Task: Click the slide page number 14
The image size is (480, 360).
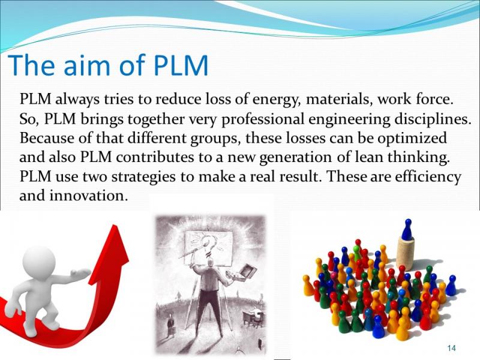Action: click(451, 348)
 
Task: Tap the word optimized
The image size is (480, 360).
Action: click(412, 139)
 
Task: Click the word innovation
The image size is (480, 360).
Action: click(88, 196)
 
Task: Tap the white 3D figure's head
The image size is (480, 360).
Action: click(39, 262)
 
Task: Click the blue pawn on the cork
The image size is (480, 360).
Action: click(407, 229)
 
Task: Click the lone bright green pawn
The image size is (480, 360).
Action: click(357, 253)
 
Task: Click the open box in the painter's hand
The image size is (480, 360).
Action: click(247, 272)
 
